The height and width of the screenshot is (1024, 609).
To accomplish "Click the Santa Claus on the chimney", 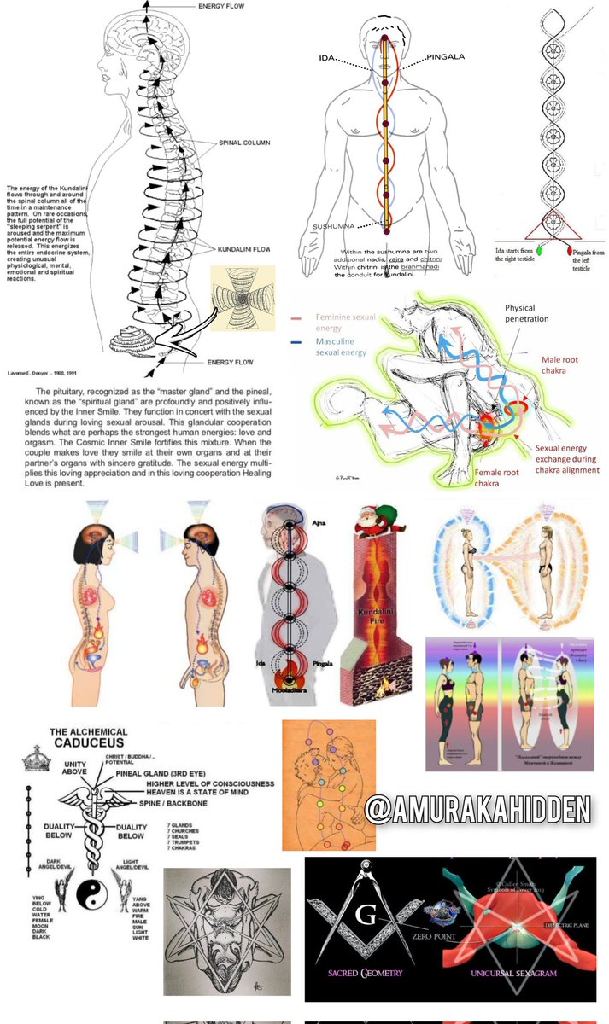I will [x=377, y=525].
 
